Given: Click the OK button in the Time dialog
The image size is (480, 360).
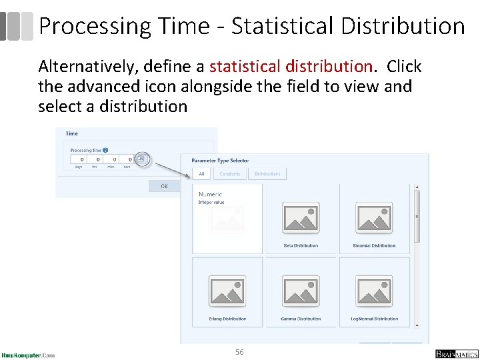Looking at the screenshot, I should click(x=164, y=186).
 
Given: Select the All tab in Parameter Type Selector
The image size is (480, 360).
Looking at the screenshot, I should click(x=201, y=173).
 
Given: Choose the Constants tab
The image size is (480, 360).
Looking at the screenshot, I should click(x=229, y=173).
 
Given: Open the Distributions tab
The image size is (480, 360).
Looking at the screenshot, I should click(x=267, y=173).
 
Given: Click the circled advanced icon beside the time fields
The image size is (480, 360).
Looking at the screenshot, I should click(x=141, y=159).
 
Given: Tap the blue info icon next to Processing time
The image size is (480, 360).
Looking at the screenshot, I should click(x=106, y=151).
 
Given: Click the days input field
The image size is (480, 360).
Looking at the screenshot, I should click(x=81, y=160).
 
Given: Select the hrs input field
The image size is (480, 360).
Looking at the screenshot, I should click(x=97, y=160).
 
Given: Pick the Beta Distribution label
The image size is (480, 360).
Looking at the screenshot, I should click(x=301, y=246).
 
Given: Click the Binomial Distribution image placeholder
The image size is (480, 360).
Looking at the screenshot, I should click(x=374, y=217).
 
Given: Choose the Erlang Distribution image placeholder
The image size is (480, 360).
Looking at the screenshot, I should click(x=227, y=291).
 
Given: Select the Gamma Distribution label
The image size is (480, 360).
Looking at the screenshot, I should click(x=301, y=319).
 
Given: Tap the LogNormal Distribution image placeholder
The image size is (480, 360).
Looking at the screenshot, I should click(x=374, y=291).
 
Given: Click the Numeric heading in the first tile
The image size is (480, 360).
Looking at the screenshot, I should click(x=211, y=194).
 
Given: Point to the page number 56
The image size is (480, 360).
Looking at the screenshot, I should click(x=239, y=351).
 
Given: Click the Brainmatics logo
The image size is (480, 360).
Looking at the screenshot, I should click(x=456, y=353).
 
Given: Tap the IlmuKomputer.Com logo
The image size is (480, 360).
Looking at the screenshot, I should click(x=28, y=355).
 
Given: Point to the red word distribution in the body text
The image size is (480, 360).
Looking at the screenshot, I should click(x=328, y=67).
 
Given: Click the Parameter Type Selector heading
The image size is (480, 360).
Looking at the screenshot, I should click(x=221, y=161).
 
